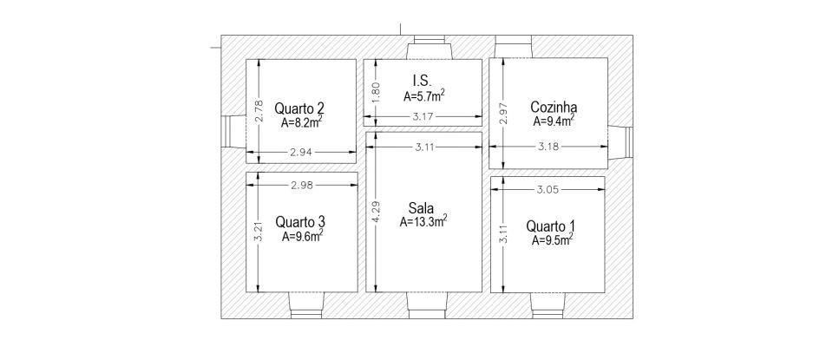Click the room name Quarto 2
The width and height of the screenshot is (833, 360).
(299, 108)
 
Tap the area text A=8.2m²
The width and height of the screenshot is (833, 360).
(302, 123)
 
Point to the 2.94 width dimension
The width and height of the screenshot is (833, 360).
(300, 152)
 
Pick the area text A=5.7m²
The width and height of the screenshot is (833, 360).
(424, 95)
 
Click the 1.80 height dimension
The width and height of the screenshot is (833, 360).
(375, 90)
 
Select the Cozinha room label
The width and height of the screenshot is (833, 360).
(554, 108)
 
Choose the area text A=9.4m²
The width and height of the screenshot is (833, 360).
(554, 122)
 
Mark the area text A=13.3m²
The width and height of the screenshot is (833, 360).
(423, 222)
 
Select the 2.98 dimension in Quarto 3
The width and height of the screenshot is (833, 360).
(300, 185)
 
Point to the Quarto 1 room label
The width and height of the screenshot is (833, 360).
(550, 226)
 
